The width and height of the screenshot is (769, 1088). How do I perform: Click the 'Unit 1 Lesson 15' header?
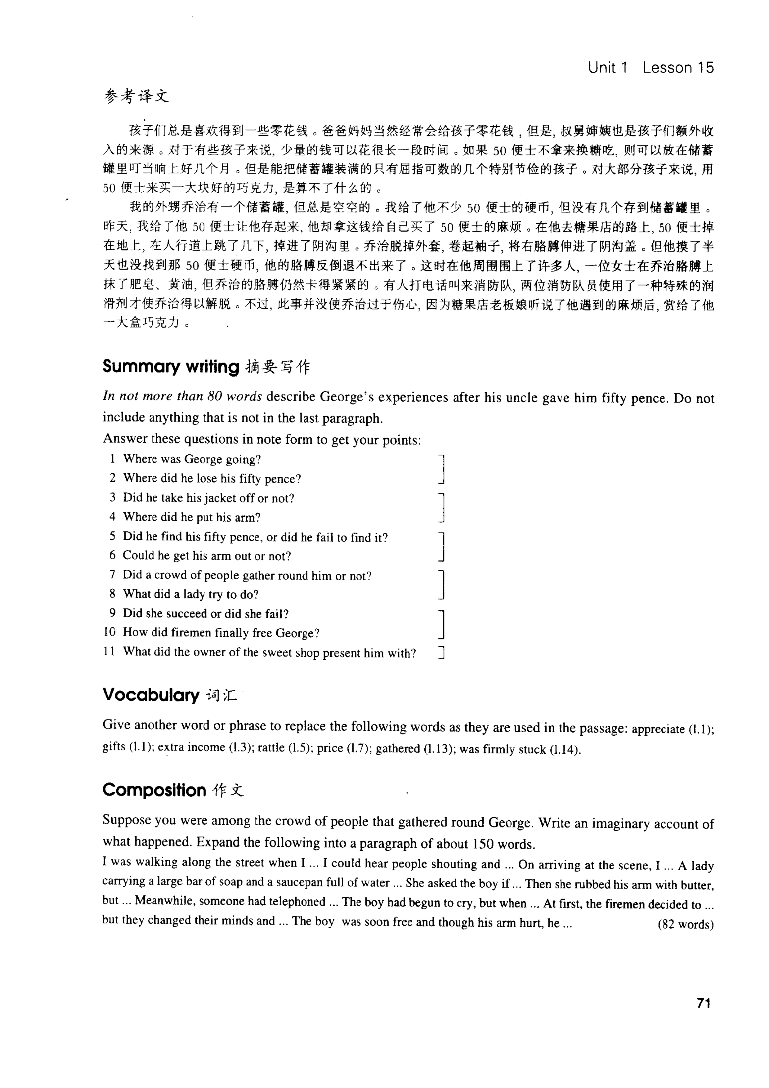point(651,68)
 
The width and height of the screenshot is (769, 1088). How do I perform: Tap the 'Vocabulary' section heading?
point(151,695)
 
